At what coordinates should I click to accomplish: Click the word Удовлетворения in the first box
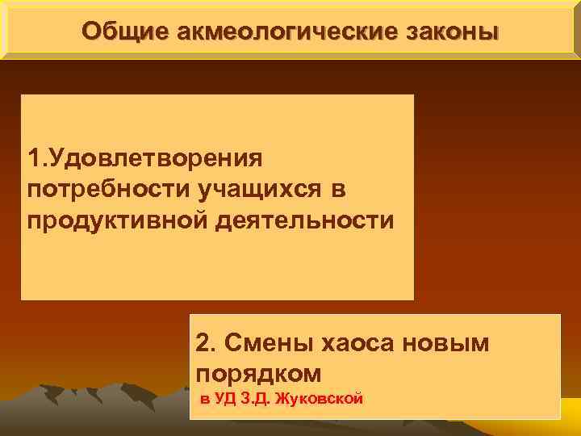pos(154,154)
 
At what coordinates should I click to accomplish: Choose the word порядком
pos(258,373)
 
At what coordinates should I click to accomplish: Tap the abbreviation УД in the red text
pos(224,398)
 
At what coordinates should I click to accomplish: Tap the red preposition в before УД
pos(204,399)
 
